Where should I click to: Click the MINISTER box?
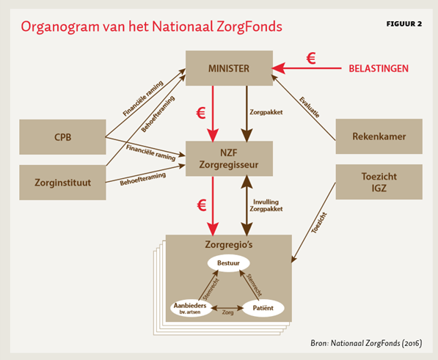[x=228, y=69]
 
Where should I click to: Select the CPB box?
[x=62, y=136]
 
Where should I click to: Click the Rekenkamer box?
[x=379, y=136]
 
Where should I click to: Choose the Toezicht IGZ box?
[x=379, y=182]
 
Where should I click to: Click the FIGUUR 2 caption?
[x=404, y=23]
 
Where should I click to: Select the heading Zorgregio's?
[x=228, y=244]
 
